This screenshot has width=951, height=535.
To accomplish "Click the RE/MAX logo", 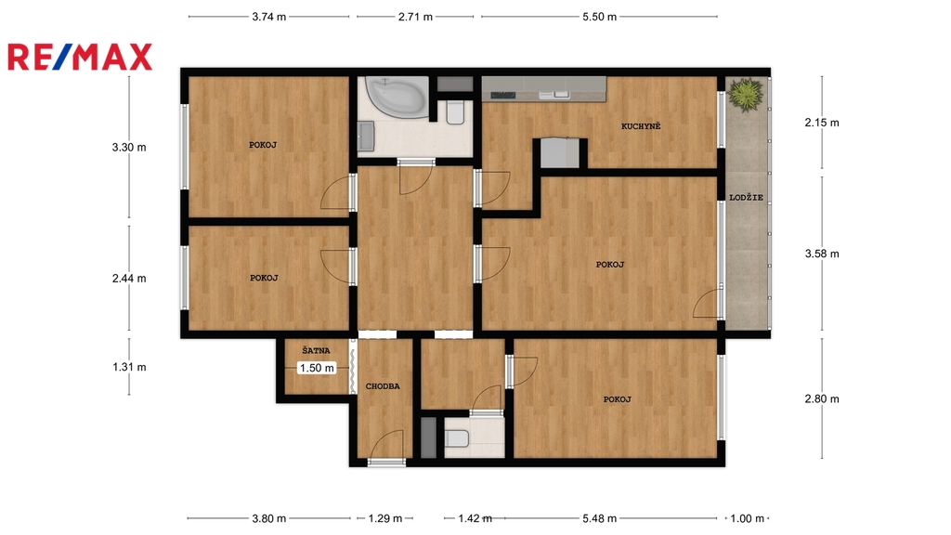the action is coord(80,58).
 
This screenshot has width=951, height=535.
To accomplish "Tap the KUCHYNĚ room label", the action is coord(641,126).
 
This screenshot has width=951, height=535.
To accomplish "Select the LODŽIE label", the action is coord(746,197).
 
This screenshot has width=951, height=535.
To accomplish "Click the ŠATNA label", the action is coord(316,350).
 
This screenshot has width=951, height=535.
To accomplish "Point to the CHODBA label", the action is coord(383,385).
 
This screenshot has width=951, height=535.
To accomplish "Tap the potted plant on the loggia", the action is coord(746,94).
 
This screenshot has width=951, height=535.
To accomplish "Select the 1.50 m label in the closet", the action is coord(317,368).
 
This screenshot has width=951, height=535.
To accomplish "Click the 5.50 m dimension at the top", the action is coord(599,17).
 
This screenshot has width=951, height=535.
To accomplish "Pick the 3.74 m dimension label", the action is coord(268,17).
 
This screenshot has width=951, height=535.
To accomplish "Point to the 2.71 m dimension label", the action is coord(415,17).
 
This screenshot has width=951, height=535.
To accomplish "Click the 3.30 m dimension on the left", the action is coord(129,148).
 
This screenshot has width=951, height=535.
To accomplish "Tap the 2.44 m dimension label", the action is coord(129,279).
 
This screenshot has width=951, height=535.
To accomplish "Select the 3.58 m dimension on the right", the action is coord(822,254).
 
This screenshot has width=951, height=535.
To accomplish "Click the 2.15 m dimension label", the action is coord(822,123).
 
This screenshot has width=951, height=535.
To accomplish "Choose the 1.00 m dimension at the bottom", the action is coord(748,518).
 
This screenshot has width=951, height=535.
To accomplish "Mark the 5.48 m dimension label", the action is coord(599,518).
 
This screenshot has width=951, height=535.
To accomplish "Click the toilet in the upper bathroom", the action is coord(455,112).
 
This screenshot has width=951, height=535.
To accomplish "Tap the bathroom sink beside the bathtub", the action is coord(366,136).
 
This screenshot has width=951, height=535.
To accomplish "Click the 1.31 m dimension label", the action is coord(129,367).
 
